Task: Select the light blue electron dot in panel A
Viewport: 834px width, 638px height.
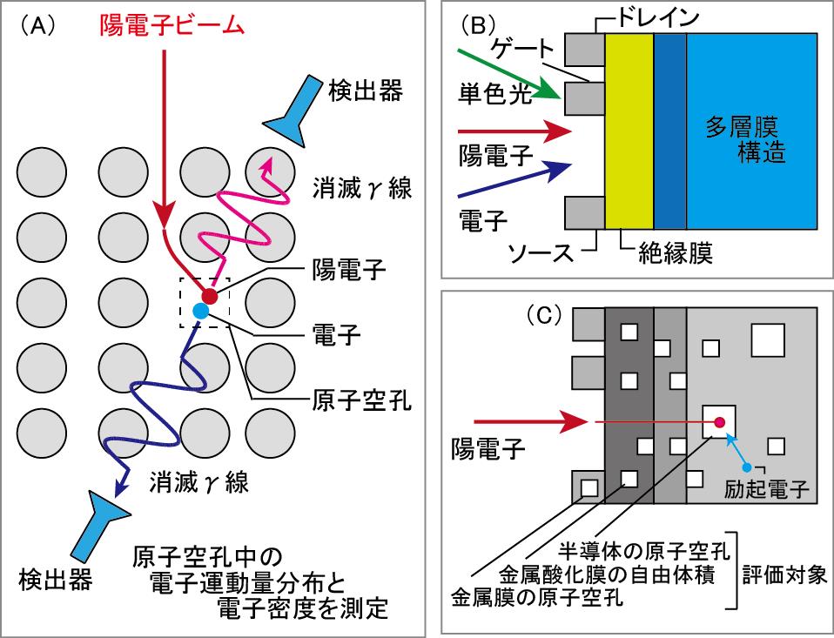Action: point(200,310)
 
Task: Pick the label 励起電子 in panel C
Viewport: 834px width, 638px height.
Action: point(767,489)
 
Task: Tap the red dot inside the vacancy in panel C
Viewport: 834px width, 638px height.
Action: point(719,424)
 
